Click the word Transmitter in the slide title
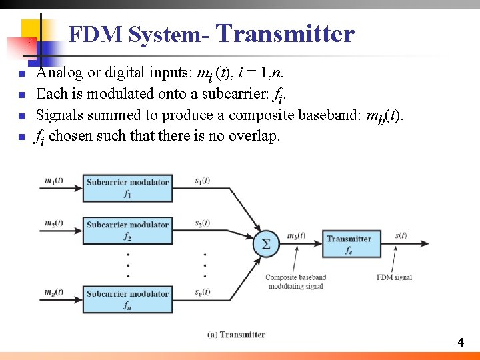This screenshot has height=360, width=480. tap(285, 33)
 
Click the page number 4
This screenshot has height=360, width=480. tap(460, 343)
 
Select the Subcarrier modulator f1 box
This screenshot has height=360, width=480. tap(127, 188)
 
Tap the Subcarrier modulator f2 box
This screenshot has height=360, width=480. tap(127, 231)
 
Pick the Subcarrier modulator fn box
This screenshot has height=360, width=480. tap(127, 299)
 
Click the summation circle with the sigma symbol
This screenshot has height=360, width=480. tap(266, 244)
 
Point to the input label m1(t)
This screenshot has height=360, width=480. tap(54, 180)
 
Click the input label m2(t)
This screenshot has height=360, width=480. tap(54, 223)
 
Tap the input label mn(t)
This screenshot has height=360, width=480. tap(54, 291)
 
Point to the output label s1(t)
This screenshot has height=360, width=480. tap(203, 180)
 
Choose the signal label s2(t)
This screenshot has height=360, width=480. tap(203, 223)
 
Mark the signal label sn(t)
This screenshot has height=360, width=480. tap(203, 291)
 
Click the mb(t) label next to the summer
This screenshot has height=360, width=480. tap(296, 236)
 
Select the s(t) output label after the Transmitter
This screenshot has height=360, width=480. tap(401, 235)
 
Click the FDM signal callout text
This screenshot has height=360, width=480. tap(394, 277)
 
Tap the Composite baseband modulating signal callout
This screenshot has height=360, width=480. tap(295, 281)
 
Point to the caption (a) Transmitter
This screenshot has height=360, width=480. tap(237, 334)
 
